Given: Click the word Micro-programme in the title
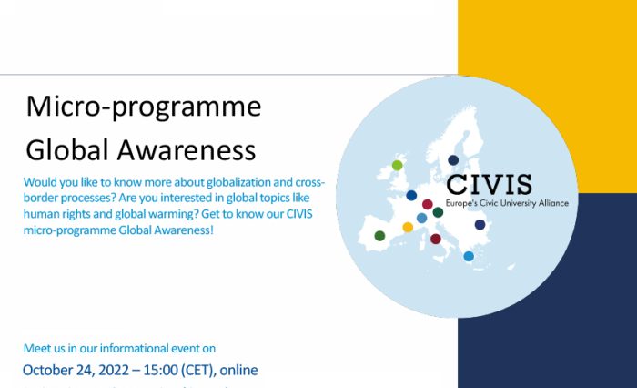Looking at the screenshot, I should [x=143, y=107].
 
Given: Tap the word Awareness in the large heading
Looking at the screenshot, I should [x=178, y=148].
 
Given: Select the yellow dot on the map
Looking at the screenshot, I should [x=408, y=227].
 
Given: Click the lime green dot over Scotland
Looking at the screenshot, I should [x=397, y=165].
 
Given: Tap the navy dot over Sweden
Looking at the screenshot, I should [x=453, y=160].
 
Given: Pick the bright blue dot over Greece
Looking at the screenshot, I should [x=469, y=257].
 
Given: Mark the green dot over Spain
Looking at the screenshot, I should [x=379, y=236].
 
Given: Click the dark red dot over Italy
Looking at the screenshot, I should [x=435, y=239].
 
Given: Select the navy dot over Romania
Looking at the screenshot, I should [x=480, y=224].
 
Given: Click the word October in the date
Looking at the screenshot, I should [x=53, y=370].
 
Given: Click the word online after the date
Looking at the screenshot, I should [x=238, y=370].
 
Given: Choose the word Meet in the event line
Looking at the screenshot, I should [x=36, y=348].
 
